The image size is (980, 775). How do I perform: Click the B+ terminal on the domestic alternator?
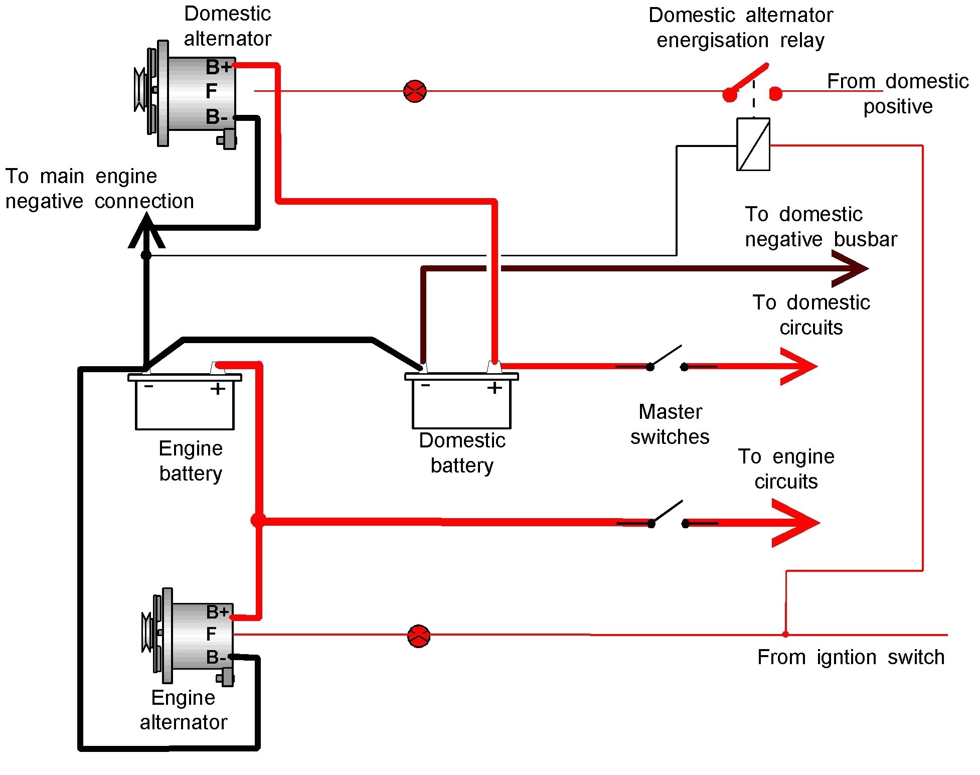click(218, 66)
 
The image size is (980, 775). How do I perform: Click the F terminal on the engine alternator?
click(211, 634)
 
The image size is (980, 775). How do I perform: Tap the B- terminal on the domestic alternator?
click(217, 117)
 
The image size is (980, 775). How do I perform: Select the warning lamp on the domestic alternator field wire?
click(415, 91)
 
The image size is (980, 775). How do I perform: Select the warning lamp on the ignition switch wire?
click(419, 636)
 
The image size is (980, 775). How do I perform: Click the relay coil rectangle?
click(753, 144)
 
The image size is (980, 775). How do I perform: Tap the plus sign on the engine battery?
click(218, 389)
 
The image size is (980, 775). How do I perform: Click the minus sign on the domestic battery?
click(425, 385)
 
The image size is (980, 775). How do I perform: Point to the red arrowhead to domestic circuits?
click(800, 367)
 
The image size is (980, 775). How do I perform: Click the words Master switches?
click(670, 424)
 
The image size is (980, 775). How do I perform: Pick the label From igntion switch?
click(851, 657)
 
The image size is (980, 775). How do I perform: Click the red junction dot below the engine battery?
click(258, 520)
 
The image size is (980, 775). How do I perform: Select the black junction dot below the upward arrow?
click(146, 255)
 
